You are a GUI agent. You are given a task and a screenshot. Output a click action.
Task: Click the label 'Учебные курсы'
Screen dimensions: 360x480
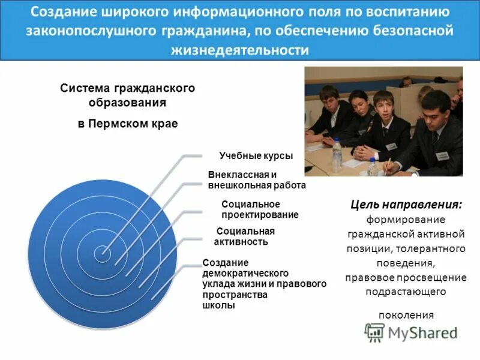tap(256, 156)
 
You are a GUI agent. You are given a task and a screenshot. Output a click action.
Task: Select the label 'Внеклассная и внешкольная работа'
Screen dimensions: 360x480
tap(257, 180)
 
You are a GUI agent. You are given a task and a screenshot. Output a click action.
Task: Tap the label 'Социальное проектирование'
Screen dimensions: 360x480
tap(260, 209)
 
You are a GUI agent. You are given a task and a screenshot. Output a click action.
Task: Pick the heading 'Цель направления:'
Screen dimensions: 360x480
tap(406, 205)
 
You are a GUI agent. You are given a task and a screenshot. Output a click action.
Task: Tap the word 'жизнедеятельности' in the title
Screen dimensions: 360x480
tap(239, 50)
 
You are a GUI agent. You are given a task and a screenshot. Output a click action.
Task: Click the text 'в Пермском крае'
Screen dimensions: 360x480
tap(128, 124)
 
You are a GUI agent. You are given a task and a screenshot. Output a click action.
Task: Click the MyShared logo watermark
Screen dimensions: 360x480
tap(412, 332)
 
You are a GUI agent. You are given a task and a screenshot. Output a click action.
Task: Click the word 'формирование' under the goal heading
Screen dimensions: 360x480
tap(406, 219)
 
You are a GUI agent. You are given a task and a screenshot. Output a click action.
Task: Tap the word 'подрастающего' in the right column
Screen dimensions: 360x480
tap(406, 292)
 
